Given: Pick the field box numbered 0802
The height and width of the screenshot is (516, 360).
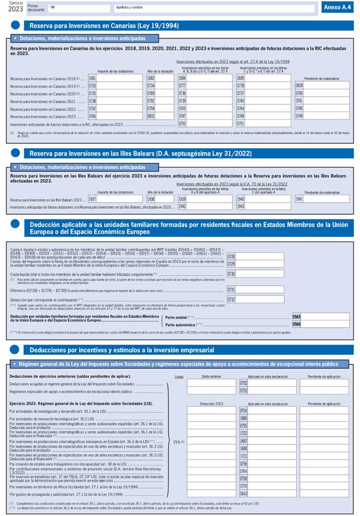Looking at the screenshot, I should [x=163, y=116].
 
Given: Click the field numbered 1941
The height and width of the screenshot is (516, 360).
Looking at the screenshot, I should [x=327, y=199].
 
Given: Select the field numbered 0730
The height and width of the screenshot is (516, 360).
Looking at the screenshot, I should [x=260, y=274].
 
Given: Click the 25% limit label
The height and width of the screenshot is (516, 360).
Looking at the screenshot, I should [x=178, y=442].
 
